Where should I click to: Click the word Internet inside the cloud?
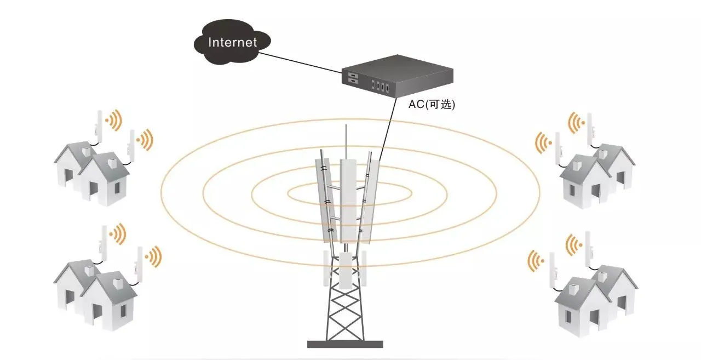click(233, 42)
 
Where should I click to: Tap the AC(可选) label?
click(432, 105)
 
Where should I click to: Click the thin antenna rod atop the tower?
click(346, 140)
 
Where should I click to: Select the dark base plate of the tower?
click(344, 344)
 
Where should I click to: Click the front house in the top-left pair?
click(104, 181)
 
